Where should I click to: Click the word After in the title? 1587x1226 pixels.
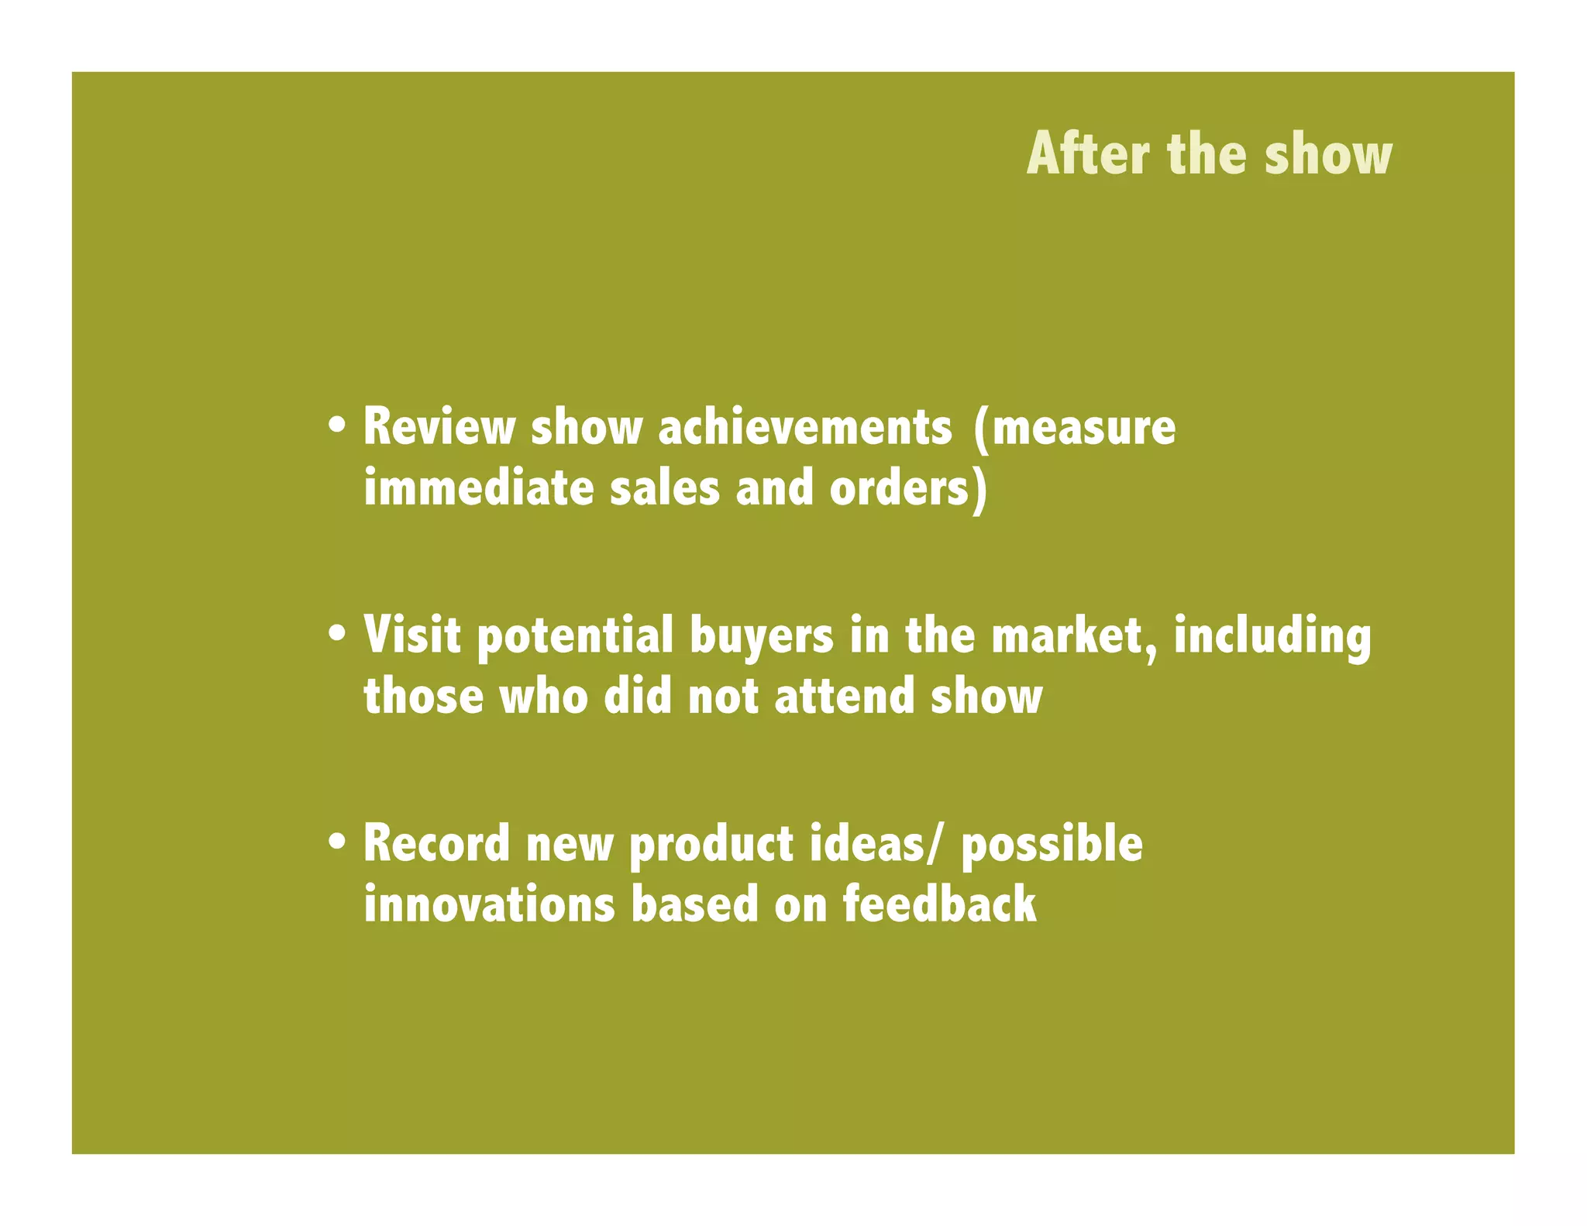pyautogui.click(x=1088, y=154)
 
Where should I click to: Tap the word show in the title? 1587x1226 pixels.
pyautogui.click(x=1328, y=154)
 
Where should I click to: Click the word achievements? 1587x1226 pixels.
pyautogui.click(x=805, y=427)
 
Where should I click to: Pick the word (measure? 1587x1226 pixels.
pyautogui.click(x=1074, y=429)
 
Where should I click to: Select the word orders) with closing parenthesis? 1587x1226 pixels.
pyautogui.click(x=909, y=490)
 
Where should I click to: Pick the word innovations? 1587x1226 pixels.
pyautogui.click(x=489, y=904)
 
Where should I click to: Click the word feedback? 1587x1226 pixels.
pyautogui.click(x=939, y=904)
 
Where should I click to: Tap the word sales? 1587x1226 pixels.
pyautogui.click(x=665, y=488)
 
